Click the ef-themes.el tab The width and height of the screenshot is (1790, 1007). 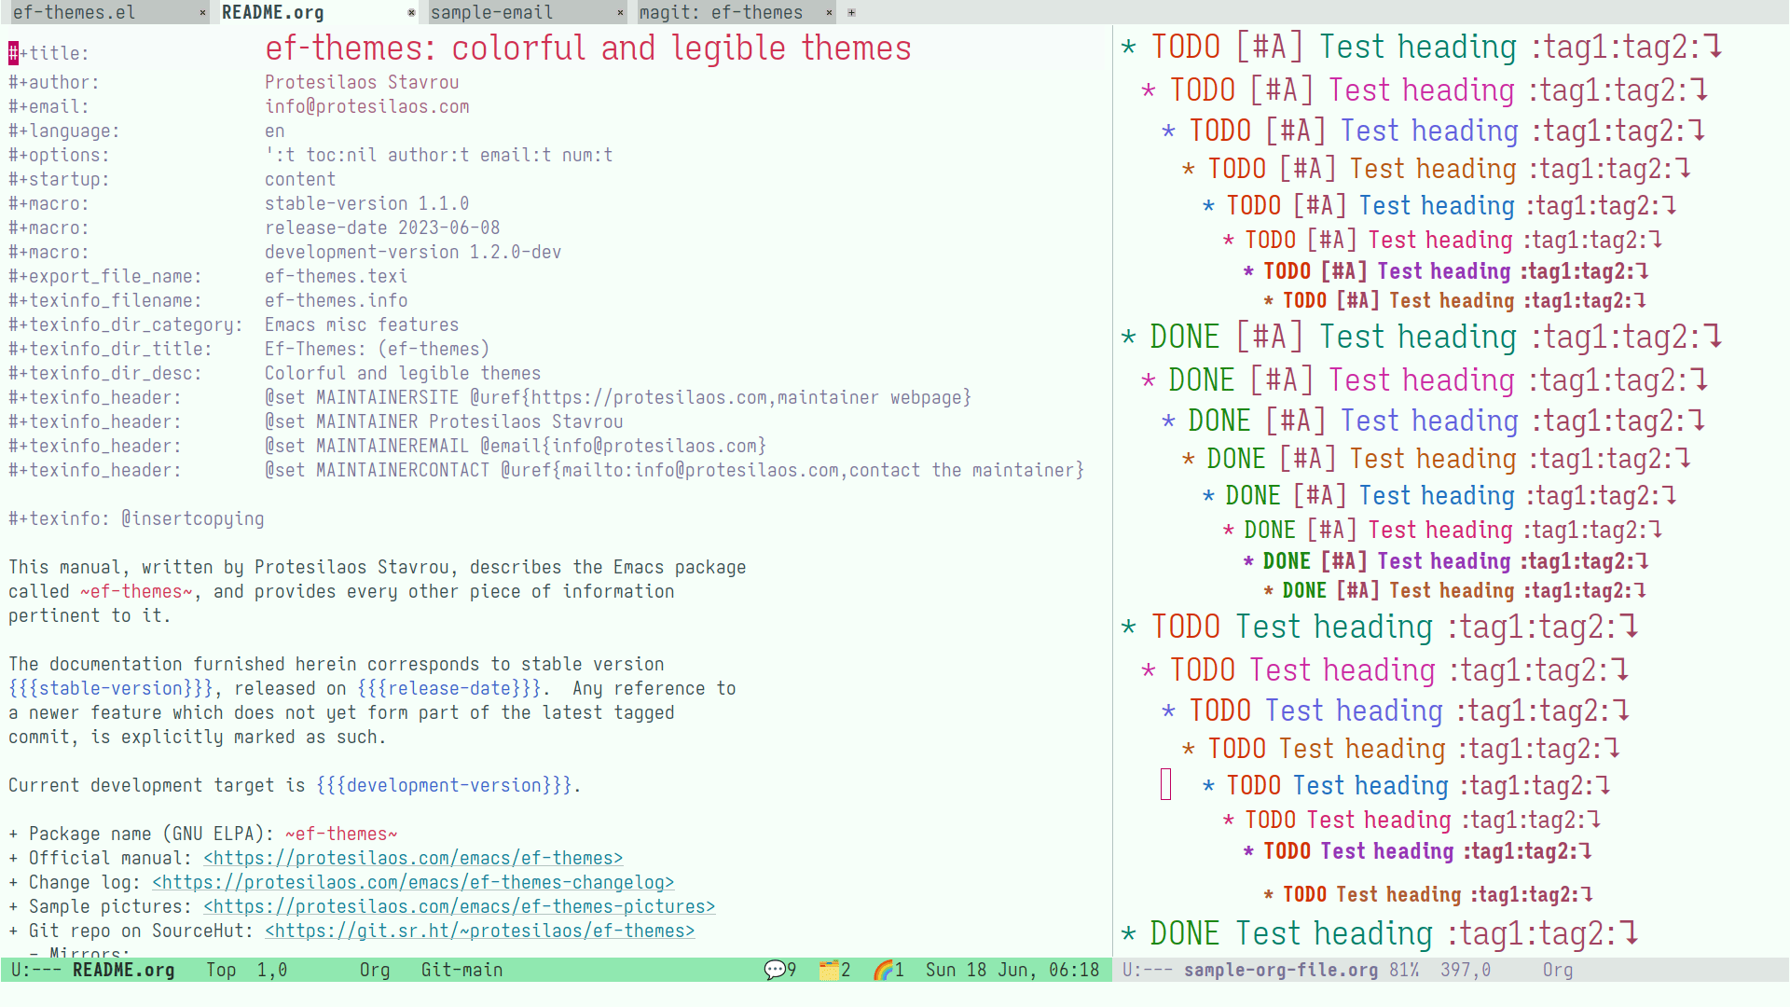[74, 12]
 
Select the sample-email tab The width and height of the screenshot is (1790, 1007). [491, 12]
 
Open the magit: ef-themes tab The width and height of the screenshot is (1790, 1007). [721, 12]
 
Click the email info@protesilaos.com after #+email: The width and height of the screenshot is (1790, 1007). [367, 106]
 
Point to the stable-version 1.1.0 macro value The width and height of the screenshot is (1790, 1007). [367, 203]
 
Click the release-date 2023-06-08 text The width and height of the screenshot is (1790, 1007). [382, 228]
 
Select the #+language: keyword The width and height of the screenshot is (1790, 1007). [64, 131]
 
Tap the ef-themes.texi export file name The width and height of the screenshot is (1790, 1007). [337, 276]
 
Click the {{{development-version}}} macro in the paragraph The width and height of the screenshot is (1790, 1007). [444, 785]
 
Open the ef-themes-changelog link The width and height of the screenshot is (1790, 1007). [413, 882]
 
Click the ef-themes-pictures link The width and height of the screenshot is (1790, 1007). [460, 906]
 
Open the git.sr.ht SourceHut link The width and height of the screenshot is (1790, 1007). [480, 931]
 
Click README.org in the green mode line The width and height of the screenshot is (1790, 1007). [123, 970]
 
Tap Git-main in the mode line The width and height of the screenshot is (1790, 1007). [461, 970]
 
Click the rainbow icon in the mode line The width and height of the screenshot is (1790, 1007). [883, 970]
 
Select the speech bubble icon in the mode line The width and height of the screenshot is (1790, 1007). [775, 970]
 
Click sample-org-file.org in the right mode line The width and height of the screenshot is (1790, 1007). [1281, 970]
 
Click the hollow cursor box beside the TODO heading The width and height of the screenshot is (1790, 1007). [1165, 784]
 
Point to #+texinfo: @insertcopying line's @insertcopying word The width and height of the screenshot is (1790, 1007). [193, 518]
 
